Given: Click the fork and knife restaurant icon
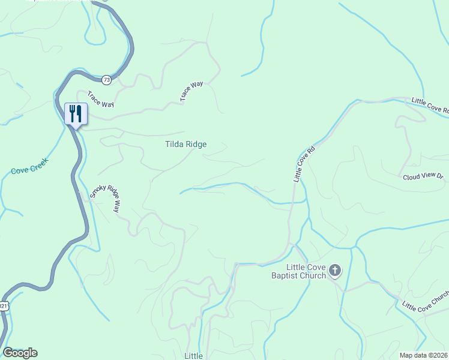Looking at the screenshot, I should [x=76, y=113].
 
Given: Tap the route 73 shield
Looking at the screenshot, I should [x=106, y=79].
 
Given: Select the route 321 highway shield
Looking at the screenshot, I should [x=4, y=306].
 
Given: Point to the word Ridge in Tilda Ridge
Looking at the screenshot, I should [x=196, y=144].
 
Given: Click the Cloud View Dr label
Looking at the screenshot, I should [x=423, y=177].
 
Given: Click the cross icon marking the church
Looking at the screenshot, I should [x=335, y=271].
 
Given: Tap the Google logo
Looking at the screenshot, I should [x=20, y=353].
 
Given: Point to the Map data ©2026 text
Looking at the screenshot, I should [x=424, y=355].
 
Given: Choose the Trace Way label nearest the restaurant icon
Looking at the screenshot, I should [x=100, y=100].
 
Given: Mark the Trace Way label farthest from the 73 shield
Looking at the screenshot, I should [x=192, y=91].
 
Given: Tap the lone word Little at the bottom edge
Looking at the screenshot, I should [x=194, y=356].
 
